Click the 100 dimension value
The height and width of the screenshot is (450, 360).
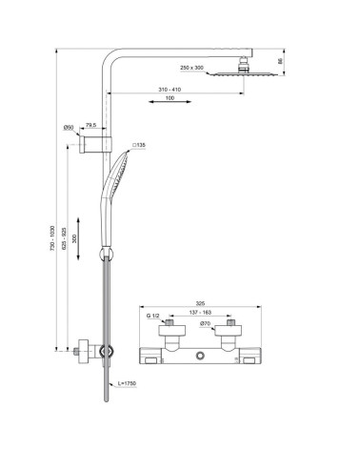[x=169, y=100]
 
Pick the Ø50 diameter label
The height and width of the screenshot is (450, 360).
[x=70, y=126]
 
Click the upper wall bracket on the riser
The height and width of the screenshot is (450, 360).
[x=99, y=143]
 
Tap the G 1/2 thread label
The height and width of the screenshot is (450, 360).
[x=153, y=317]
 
